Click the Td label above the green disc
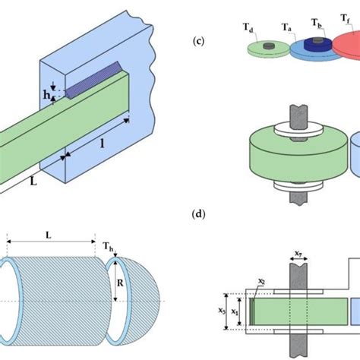[x=248, y=27]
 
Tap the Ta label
[x=286, y=27]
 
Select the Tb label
[x=316, y=23]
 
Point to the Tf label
[x=346, y=18]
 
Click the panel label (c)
[x=198, y=41]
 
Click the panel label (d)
[x=198, y=214]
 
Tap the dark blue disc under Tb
[x=318, y=45]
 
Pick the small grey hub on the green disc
[x=269, y=46]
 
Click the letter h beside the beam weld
[x=46, y=95]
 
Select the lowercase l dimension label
[x=103, y=144]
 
